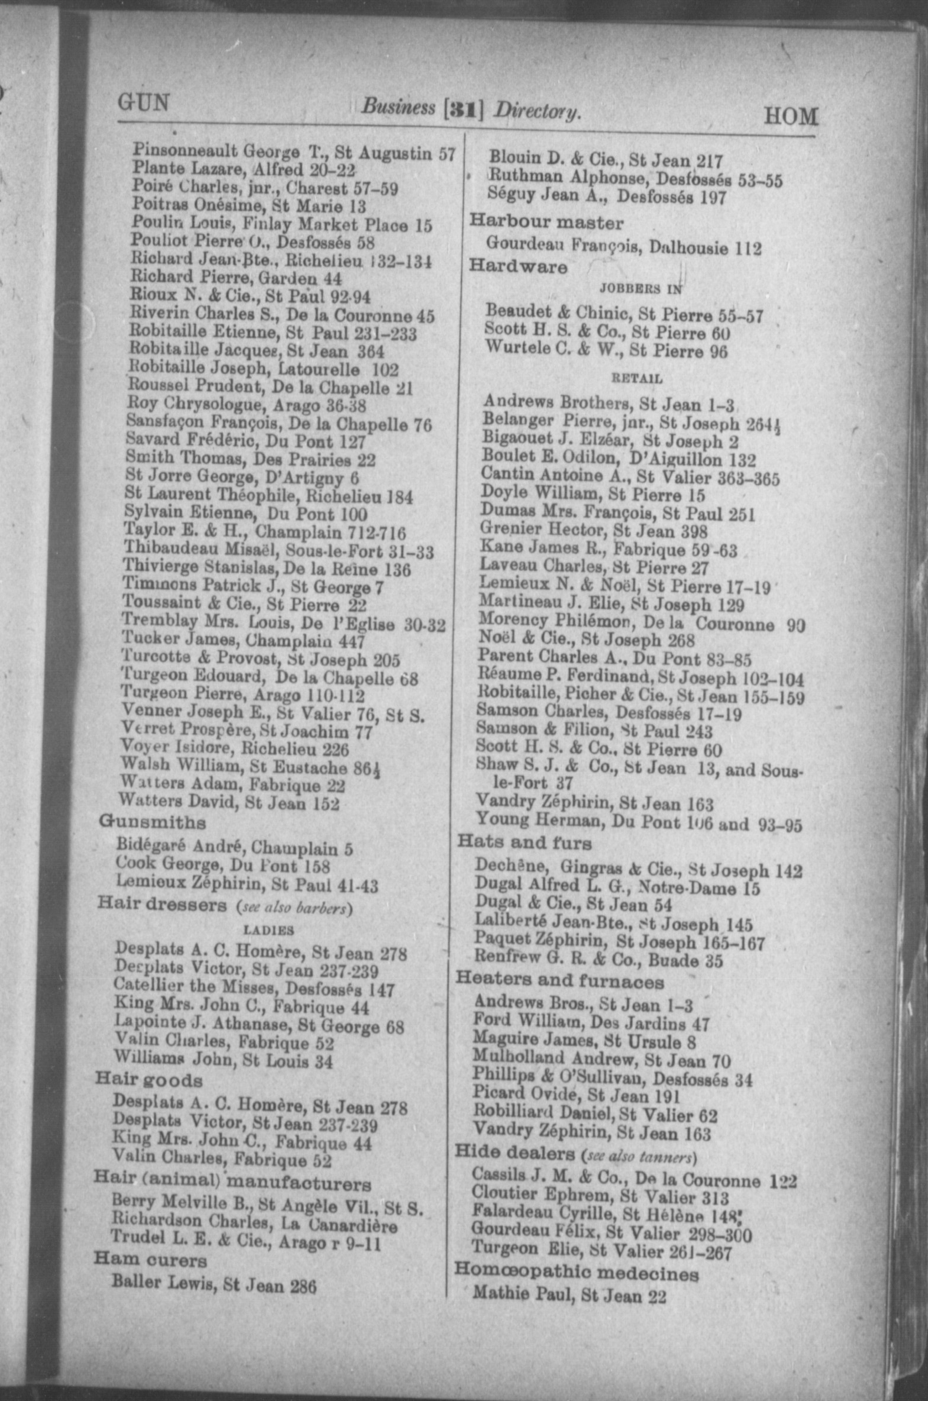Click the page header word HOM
point(791,117)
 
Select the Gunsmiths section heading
point(153,822)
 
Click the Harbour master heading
point(546,223)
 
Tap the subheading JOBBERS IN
point(641,289)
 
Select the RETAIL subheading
point(636,378)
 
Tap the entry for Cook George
point(223,866)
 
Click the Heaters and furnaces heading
point(559,982)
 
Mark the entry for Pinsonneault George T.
point(294,153)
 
